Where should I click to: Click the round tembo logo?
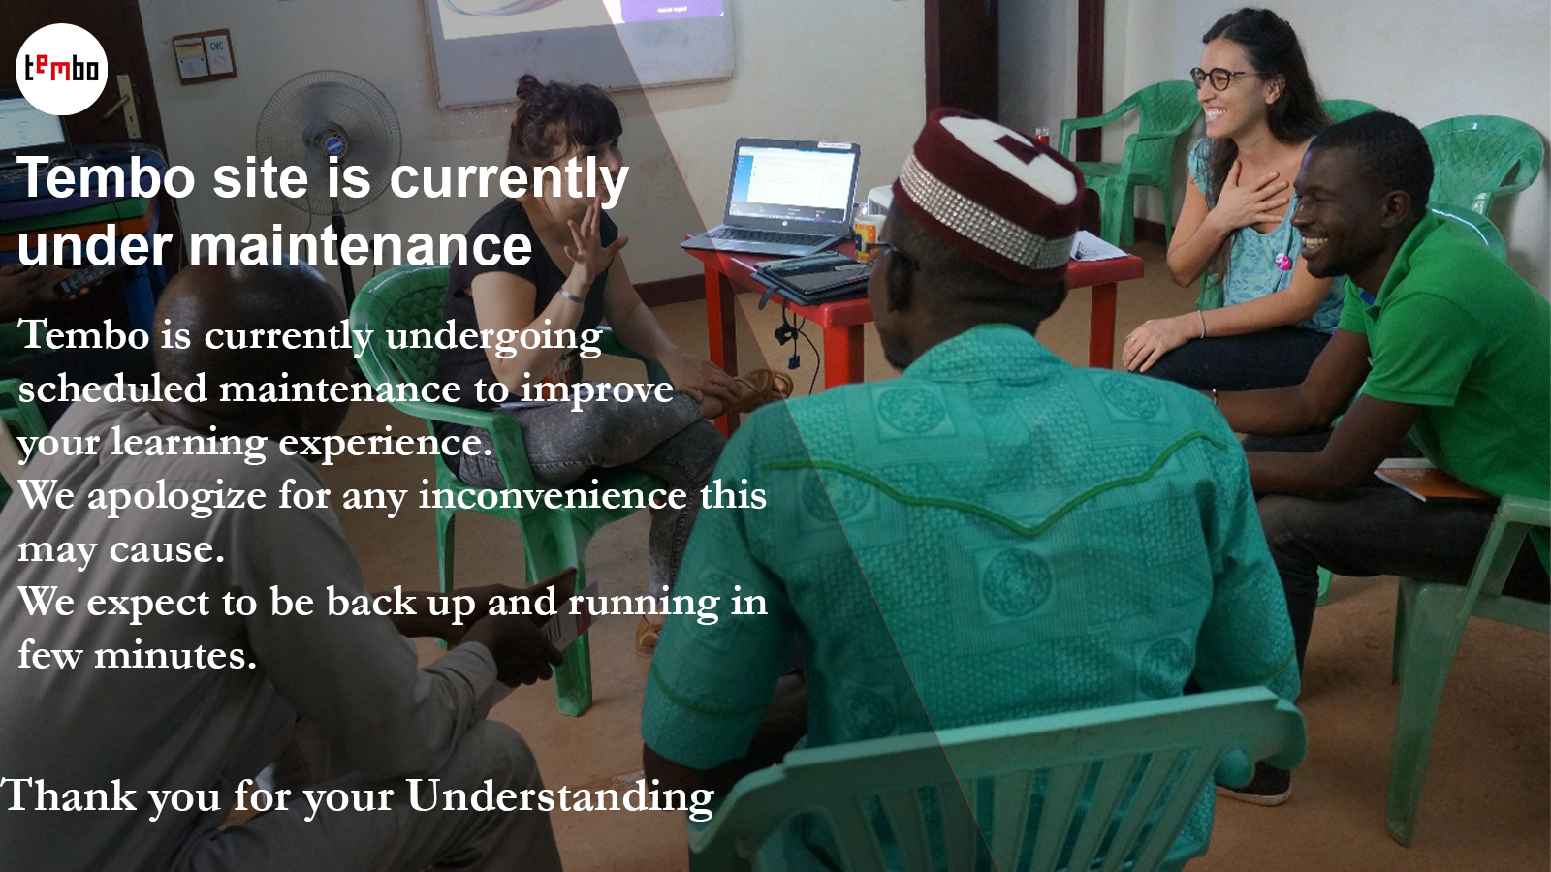coord(62,69)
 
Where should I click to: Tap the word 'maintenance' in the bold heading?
coord(361,246)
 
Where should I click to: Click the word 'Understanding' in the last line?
coord(559,795)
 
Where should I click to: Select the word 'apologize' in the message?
coord(176,497)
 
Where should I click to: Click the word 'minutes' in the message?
coord(175,654)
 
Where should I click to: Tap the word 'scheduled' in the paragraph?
coord(112,389)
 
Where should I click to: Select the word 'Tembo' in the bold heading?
coord(106,178)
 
